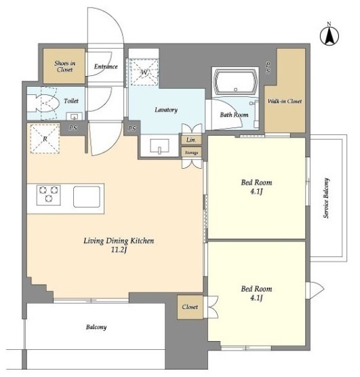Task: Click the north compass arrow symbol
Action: tap(329, 35)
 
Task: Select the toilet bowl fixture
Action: tap(43, 103)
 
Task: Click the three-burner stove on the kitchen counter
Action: tap(49, 195)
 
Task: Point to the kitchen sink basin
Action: tap(87, 197)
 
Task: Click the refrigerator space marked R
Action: tap(45, 138)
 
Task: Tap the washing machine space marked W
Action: tap(144, 72)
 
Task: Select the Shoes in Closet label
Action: tap(64, 66)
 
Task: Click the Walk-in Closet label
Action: tap(285, 101)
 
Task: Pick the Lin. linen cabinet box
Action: tap(191, 140)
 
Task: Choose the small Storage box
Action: tap(191, 153)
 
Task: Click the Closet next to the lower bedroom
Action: tap(190, 307)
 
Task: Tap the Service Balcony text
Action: tap(326, 198)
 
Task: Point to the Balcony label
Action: tap(96, 327)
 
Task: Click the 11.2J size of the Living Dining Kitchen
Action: tap(119, 250)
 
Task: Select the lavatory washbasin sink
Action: tap(159, 146)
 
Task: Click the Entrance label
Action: tap(106, 66)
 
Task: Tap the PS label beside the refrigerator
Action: tap(73, 128)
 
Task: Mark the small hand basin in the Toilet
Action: tap(75, 116)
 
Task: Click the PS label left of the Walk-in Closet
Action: tap(268, 68)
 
